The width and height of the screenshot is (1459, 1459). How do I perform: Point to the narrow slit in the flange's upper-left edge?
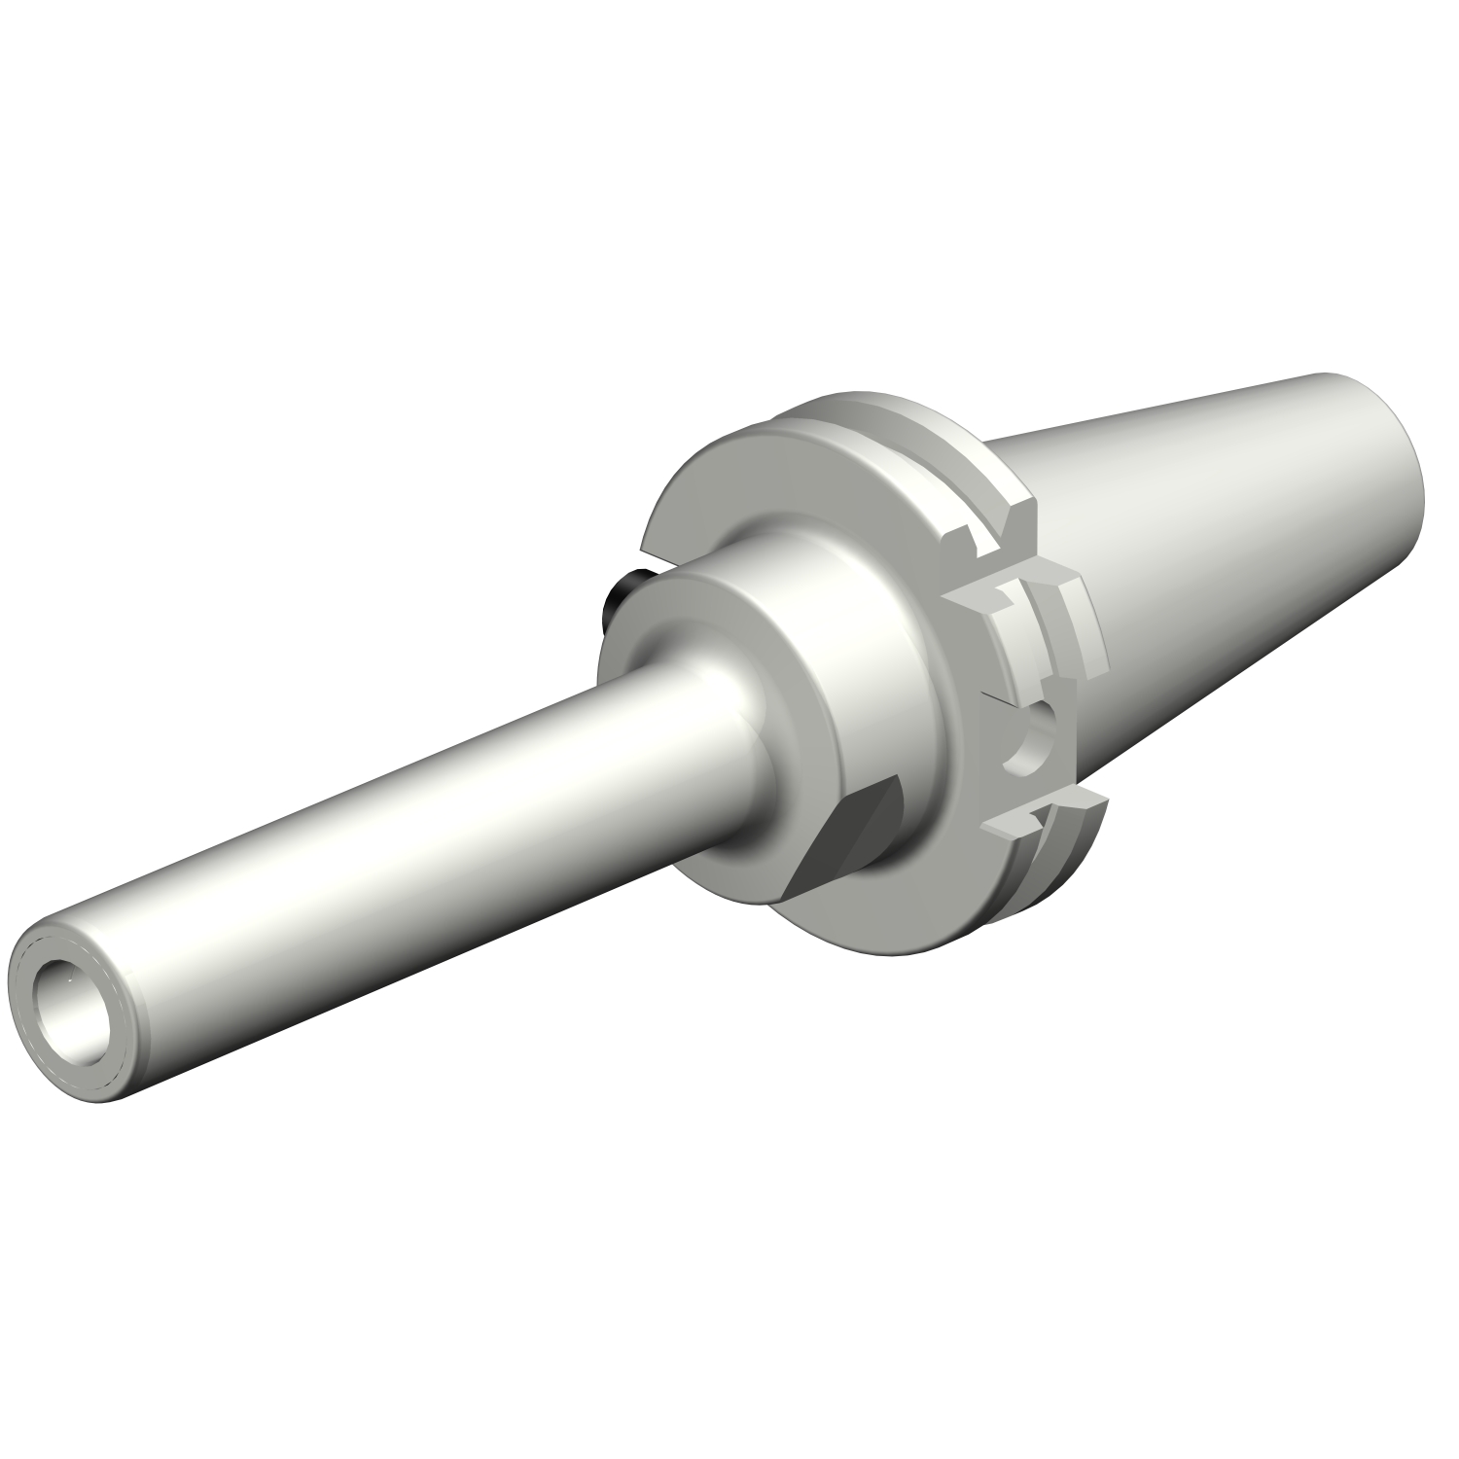click(x=650, y=555)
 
